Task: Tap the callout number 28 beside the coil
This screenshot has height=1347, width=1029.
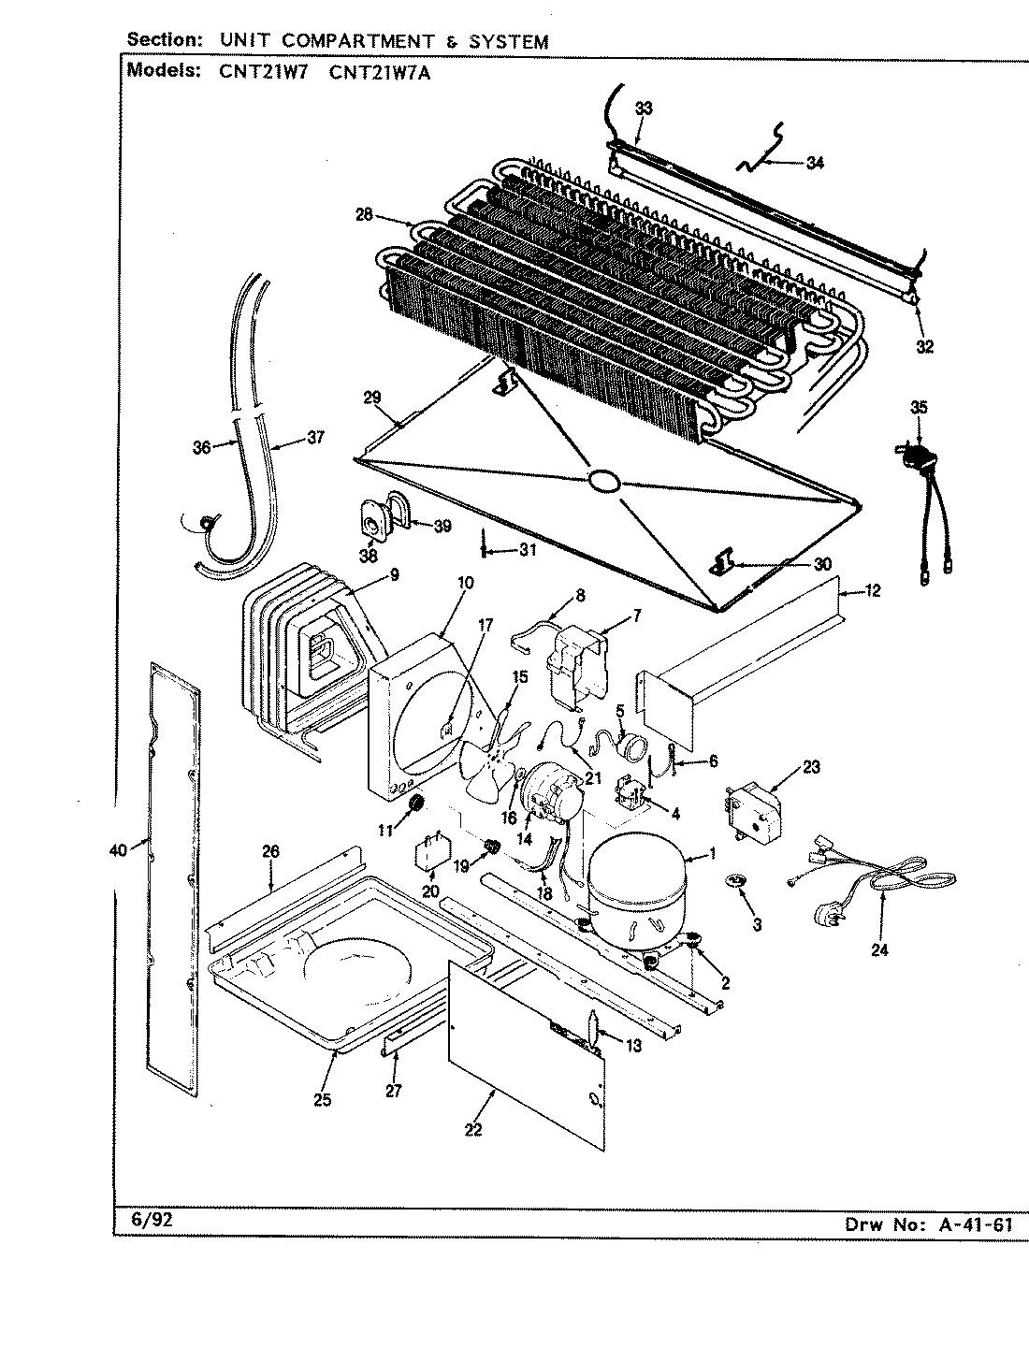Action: coord(364,215)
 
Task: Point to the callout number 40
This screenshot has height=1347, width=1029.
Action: coord(117,849)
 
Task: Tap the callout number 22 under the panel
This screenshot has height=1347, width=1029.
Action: coord(473,1129)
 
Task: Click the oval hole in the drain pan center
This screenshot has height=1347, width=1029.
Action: coord(603,481)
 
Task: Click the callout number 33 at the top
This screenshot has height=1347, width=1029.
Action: coord(644,109)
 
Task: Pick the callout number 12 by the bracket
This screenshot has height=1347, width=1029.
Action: coord(872,591)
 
